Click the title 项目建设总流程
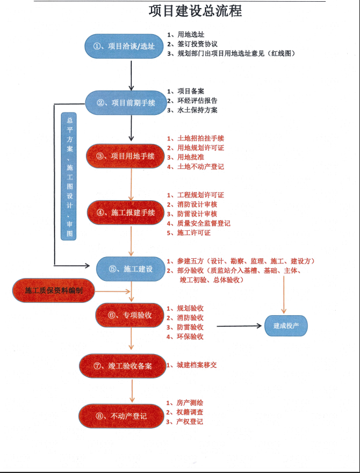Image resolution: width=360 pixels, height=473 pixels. pos(195,11)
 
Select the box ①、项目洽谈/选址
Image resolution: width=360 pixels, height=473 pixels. pos(125,46)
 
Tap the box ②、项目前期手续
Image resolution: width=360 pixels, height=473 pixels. pos(125,103)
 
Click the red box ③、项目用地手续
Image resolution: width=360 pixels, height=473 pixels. pos(125,156)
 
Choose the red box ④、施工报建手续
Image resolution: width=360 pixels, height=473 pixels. pos(125,213)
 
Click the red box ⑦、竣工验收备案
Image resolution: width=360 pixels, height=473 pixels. pos(121,366)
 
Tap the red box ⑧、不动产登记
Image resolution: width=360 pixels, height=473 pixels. pos(121,416)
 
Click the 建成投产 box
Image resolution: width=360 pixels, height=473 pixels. pos(286,326)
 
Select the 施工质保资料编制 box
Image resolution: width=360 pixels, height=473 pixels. pos(53,290)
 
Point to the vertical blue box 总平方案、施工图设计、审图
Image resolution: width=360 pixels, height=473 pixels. pos(70,176)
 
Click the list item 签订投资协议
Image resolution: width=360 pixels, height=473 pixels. pos(197,44)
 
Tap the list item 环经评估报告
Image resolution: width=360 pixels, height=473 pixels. pos(197,100)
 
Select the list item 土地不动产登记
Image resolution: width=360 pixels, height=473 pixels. pos(200,167)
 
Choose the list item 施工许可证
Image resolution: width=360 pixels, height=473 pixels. pos(193,233)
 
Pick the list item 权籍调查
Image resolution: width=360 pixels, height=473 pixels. pos(189,412)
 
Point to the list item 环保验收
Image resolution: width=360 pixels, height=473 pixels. pos(189,337)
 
